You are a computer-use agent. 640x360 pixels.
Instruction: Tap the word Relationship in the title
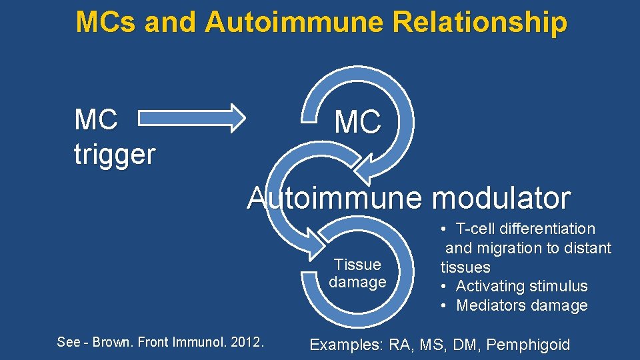(x=479, y=22)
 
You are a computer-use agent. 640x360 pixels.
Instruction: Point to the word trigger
(x=115, y=155)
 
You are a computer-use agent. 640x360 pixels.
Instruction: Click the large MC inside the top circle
(x=358, y=122)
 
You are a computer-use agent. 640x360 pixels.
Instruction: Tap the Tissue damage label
(x=357, y=273)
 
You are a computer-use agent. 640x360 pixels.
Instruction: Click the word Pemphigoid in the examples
(x=528, y=345)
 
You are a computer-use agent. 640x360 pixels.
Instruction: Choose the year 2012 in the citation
(x=249, y=342)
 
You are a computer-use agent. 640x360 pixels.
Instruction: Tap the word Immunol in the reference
(x=197, y=342)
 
